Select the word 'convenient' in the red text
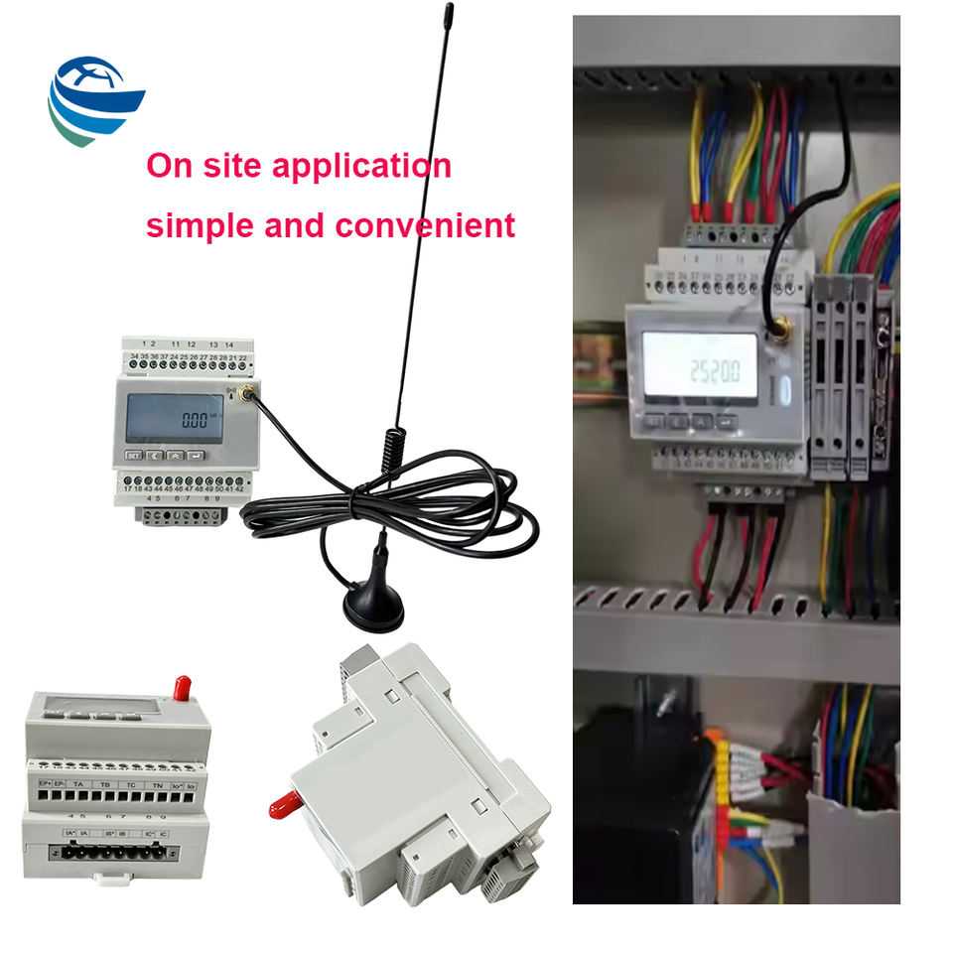tap(425, 225)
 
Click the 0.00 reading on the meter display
tap(195, 418)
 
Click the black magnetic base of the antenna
tap(373, 605)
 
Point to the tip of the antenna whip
tap(449, 13)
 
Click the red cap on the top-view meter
tap(182, 686)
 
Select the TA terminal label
tap(77, 785)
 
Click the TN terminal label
tap(157, 785)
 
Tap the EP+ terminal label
tap(45, 785)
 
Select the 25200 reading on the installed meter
tap(716, 372)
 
